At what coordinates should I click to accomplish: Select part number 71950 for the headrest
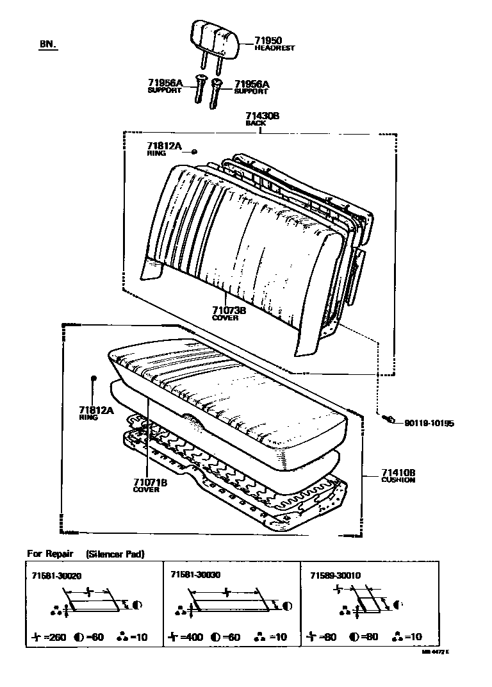[x=268, y=40]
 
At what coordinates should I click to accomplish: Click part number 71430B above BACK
[x=262, y=116]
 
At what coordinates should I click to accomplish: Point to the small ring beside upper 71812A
[x=194, y=151]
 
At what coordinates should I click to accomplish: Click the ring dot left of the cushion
[x=94, y=379]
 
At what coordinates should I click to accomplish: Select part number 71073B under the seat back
[x=229, y=310]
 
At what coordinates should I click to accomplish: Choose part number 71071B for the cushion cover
[x=150, y=483]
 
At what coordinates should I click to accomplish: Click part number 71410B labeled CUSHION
[x=398, y=472]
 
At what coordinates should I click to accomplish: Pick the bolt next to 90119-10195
[x=386, y=419]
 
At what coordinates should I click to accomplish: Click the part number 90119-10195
[x=429, y=424]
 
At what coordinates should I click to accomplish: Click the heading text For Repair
[x=50, y=553]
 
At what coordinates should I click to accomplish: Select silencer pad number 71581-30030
[x=195, y=575]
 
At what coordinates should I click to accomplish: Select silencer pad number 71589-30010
[x=335, y=575]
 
